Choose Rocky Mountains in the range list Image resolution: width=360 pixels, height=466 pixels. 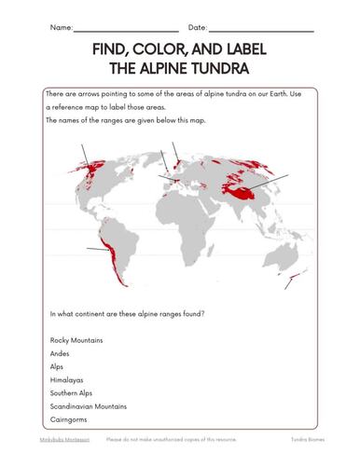tap(76, 340)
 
